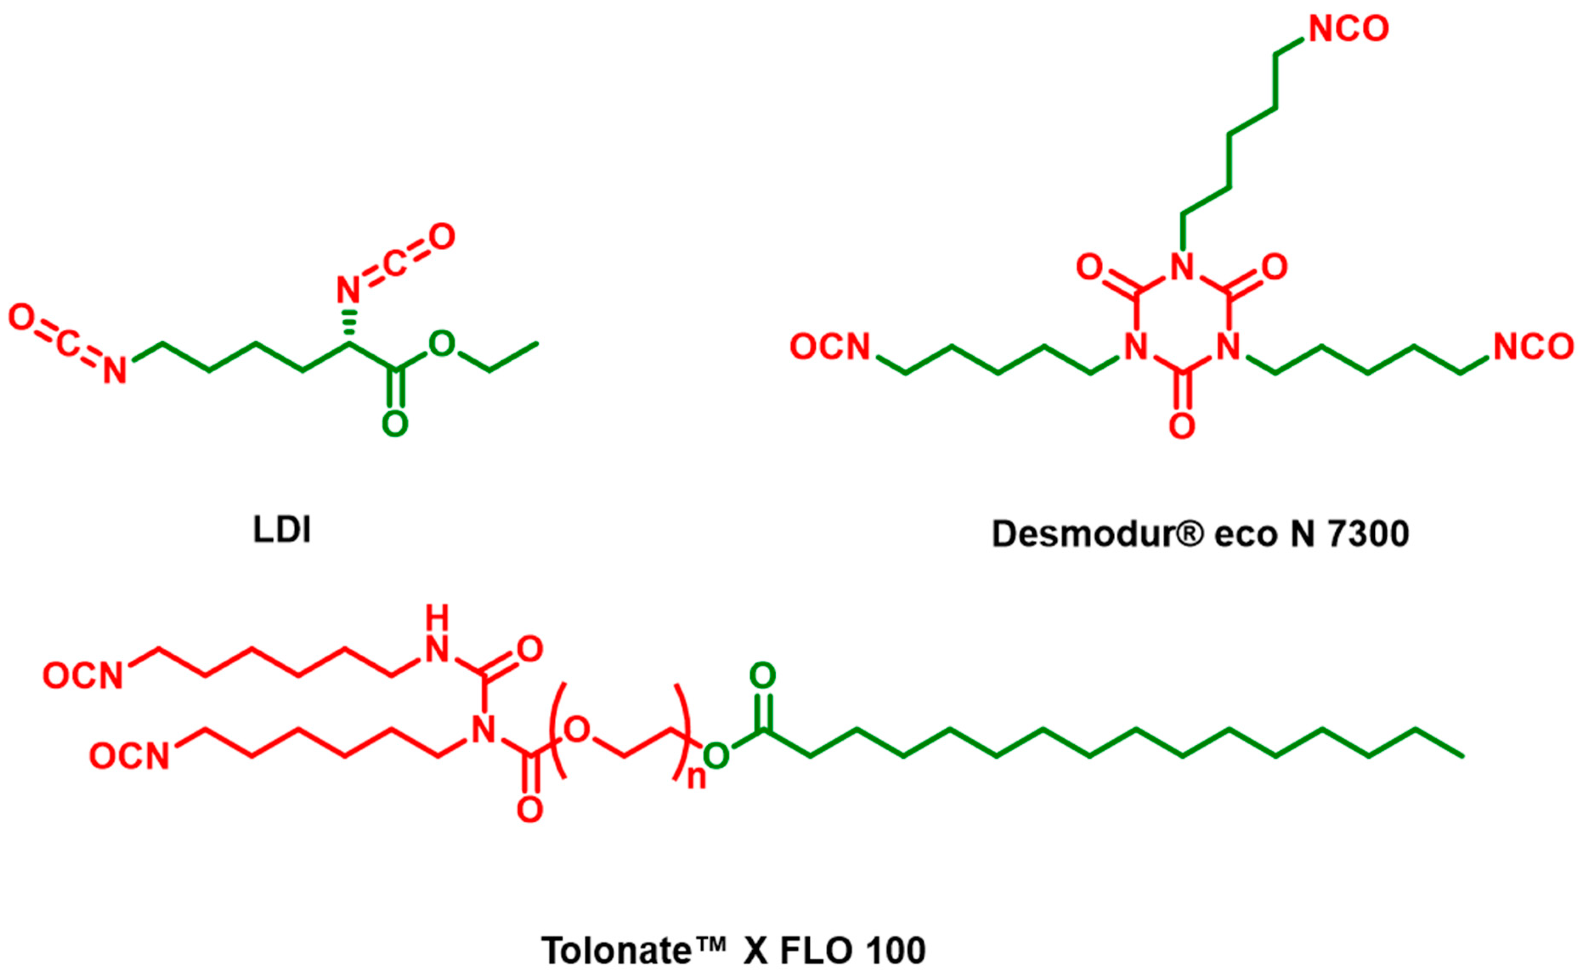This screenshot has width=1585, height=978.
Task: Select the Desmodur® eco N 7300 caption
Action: (x=1200, y=534)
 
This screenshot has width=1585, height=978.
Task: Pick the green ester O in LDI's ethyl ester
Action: (x=442, y=344)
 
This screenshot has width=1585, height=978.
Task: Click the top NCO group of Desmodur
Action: (x=1348, y=29)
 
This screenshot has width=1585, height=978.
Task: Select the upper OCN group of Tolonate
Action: (x=83, y=675)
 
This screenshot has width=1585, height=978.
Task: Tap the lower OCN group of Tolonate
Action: (x=129, y=755)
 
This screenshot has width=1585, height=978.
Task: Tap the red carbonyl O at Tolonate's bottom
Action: (x=530, y=809)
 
